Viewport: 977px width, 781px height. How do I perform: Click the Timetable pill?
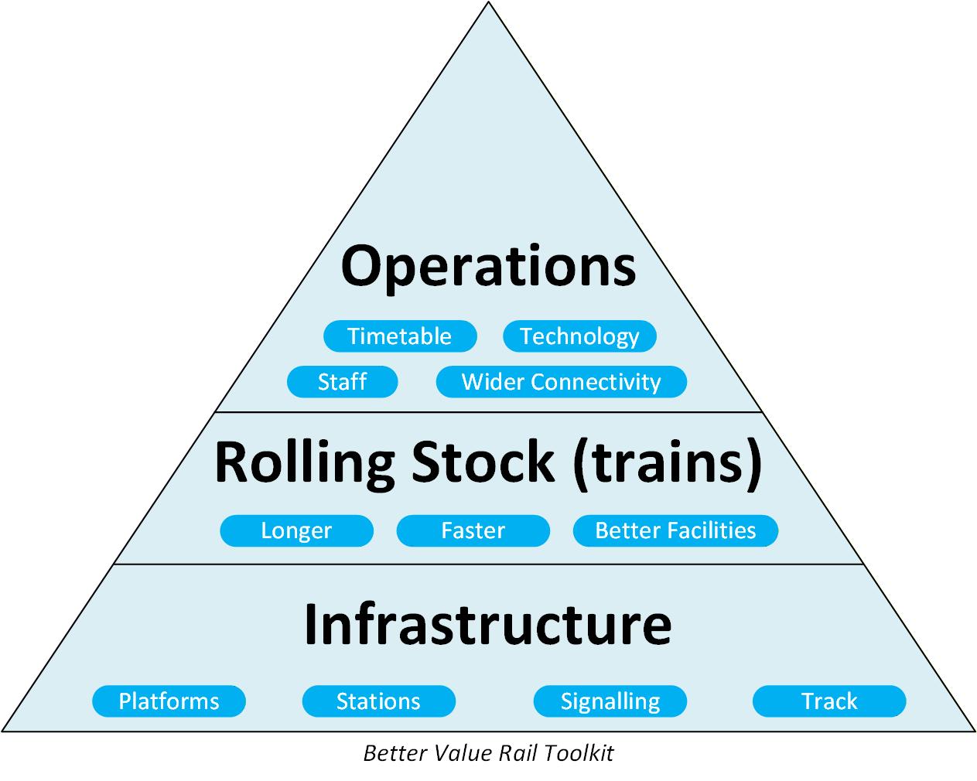tap(399, 336)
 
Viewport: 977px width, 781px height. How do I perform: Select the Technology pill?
tap(579, 336)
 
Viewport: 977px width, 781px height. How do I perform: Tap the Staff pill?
tap(342, 382)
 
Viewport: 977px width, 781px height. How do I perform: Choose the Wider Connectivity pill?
tap(561, 382)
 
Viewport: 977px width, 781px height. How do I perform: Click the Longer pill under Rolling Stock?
tap(296, 530)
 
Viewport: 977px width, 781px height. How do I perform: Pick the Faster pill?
tap(473, 530)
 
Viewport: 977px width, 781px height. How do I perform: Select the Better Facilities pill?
tap(675, 530)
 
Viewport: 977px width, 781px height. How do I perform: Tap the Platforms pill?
tap(169, 701)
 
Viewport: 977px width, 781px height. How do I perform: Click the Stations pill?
tap(378, 701)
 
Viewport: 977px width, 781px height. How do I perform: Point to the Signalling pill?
tap(610, 701)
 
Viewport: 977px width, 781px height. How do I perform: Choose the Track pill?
tap(829, 701)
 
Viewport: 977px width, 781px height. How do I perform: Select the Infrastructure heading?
tap(488, 623)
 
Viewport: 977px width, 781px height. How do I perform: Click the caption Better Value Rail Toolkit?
tap(488, 753)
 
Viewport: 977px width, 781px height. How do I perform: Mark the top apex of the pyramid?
tap(488, 3)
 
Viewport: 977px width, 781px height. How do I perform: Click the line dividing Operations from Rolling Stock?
tap(488, 412)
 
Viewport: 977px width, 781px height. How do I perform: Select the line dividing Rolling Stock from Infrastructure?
tap(488, 564)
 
